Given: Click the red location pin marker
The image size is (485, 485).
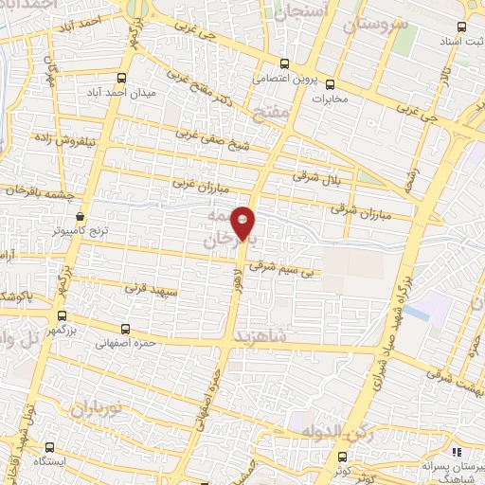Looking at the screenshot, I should tap(243, 223).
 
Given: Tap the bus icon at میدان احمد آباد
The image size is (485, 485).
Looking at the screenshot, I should tap(121, 79).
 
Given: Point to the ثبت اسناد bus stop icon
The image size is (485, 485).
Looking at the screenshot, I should tap(461, 28).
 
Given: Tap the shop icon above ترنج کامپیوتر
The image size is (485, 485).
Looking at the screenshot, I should tap(82, 214).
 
